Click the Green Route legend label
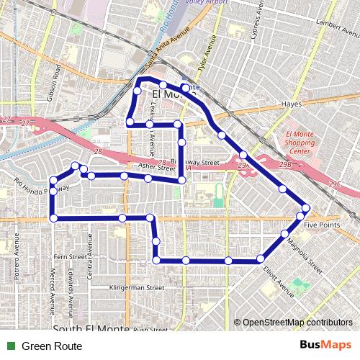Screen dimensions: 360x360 click(x=52, y=346)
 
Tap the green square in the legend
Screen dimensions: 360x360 click(x=9, y=346)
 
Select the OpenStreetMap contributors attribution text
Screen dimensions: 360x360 click(x=297, y=322)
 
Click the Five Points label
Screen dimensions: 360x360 click(x=320, y=226)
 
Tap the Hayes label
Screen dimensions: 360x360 click(x=291, y=104)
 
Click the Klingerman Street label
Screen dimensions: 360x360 click(x=136, y=287)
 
